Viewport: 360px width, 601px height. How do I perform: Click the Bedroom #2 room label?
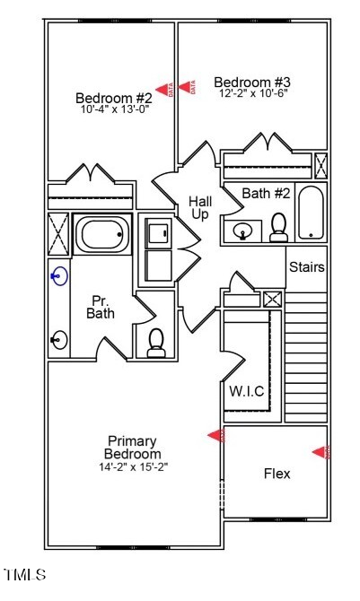click(x=113, y=98)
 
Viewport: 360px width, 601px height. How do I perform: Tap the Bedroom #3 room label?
click(x=251, y=83)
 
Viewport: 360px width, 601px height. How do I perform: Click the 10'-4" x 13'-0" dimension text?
click(x=113, y=109)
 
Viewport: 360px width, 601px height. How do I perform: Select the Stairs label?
click(x=307, y=267)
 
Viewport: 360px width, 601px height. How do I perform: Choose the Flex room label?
click(x=277, y=474)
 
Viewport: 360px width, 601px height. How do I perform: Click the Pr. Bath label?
click(x=101, y=307)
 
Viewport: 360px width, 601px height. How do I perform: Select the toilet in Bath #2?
click(x=278, y=228)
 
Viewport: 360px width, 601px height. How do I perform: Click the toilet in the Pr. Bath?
click(x=156, y=342)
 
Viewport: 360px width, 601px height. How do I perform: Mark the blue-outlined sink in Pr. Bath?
click(x=59, y=277)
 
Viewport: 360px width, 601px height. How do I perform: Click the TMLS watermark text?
click(x=25, y=574)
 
